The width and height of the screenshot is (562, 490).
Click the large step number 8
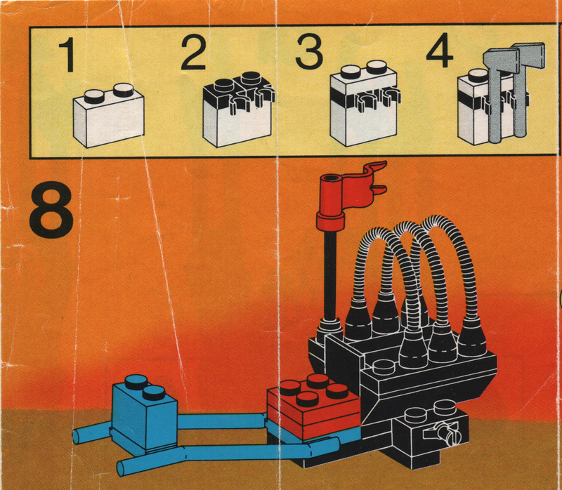(x=51, y=209)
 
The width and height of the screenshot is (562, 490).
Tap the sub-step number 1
(x=67, y=55)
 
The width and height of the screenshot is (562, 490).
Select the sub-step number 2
(x=194, y=53)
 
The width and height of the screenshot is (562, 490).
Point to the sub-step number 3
(x=309, y=51)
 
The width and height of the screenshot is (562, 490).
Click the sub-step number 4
(x=440, y=50)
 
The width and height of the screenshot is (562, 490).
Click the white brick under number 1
(x=109, y=116)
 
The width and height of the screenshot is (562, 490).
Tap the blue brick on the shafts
(x=145, y=414)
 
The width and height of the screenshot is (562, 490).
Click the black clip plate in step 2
(x=239, y=93)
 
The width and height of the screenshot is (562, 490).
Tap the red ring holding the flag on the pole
(x=330, y=220)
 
